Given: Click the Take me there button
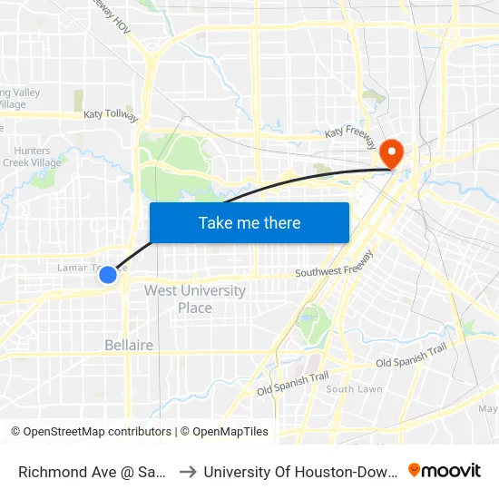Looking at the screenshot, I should (x=249, y=222).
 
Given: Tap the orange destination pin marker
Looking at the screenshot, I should (x=393, y=152).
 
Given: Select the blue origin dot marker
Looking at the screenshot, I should (x=108, y=273).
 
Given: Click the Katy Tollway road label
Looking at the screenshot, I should (x=111, y=116).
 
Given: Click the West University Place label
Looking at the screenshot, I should (x=194, y=299).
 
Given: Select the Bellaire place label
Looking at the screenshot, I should (x=129, y=346).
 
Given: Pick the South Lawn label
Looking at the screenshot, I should (x=354, y=389).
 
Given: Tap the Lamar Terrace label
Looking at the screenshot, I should (x=87, y=268).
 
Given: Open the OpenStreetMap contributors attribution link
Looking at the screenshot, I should (x=91, y=432).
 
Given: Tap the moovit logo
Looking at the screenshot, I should (x=445, y=470).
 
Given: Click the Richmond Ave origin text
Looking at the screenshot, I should (x=91, y=471).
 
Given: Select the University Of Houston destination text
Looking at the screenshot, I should (x=299, y=471).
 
